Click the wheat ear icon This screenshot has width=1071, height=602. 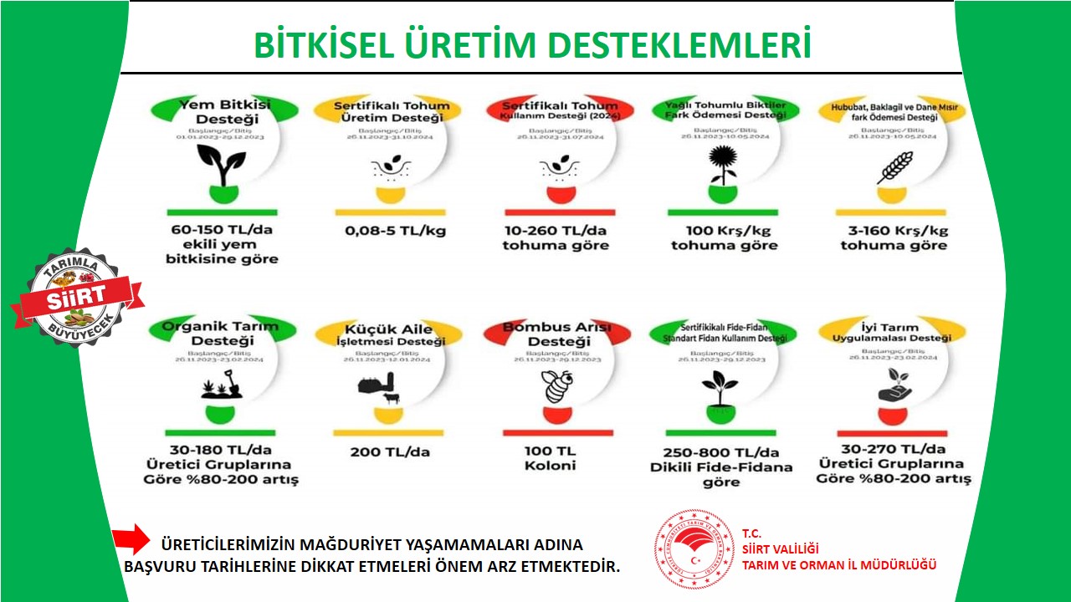click(x=894, y=167)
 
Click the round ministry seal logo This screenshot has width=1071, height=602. click(x=694, y=549)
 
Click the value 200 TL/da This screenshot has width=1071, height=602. click(x=389, y=451)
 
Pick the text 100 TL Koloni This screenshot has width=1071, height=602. click(x=551, y=458)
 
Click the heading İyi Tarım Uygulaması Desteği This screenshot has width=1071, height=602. click(x=892, y=333)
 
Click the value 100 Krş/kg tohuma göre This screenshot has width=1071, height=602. click(x=723, y=237)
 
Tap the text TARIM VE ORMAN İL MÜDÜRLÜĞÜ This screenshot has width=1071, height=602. click(x=839, y=564)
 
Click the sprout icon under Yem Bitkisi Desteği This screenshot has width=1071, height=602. click(x=221, y=166)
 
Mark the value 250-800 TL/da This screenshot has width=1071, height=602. click(x=721, y=452)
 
